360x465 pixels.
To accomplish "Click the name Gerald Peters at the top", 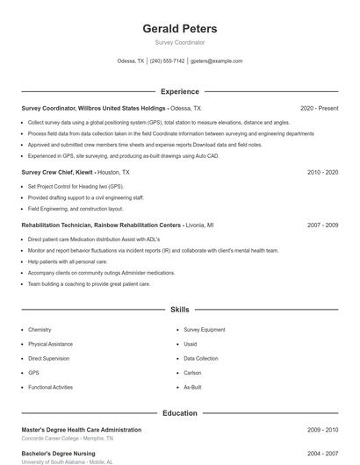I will (179, 29).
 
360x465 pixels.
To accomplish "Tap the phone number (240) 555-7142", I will (167, 61).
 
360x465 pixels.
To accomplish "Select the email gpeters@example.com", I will (216, 61).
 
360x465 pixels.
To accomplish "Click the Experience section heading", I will (179, 91).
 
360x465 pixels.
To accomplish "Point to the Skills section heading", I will (179, 310).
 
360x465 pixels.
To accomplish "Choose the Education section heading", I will (179, 412).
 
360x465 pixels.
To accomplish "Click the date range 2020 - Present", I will (319, 108).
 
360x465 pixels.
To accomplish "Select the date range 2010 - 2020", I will (322, 173).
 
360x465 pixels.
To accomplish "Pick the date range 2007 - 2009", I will (322, 225).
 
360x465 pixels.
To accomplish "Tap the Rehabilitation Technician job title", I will (101, 225).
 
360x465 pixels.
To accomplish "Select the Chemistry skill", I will (40, 330).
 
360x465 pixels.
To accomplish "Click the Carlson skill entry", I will (192, 372).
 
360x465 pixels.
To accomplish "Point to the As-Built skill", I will (192, 387).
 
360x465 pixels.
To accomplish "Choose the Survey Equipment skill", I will (205, 330).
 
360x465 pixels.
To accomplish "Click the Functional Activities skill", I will (50, 387).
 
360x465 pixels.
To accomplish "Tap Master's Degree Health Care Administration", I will (81, 430).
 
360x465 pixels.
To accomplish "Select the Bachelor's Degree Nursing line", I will (58, 454).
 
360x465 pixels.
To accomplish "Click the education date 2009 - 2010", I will (322, 430).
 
